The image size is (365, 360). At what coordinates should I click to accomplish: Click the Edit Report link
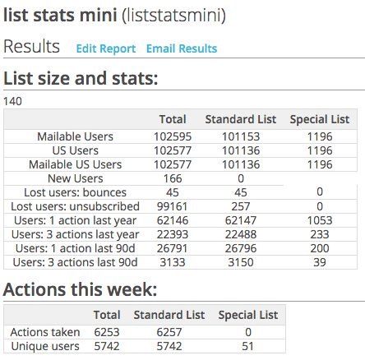(105, 48)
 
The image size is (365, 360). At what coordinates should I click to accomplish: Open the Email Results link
(182, 48)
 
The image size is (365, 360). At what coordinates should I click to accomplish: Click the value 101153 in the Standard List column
(240, 136)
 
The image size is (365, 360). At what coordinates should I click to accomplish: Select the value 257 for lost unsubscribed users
(240, 206)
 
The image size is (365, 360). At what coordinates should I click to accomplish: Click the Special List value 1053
(319, 220)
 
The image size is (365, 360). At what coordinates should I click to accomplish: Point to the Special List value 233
(319, 234)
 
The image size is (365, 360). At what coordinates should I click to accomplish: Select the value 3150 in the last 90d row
(240, 262)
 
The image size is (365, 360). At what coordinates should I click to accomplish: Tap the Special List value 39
(319, 262)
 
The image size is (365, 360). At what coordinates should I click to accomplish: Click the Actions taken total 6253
(107, 332)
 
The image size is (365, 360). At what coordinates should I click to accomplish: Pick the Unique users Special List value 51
(247, 346)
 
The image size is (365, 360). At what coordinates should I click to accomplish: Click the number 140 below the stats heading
(13, 101)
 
